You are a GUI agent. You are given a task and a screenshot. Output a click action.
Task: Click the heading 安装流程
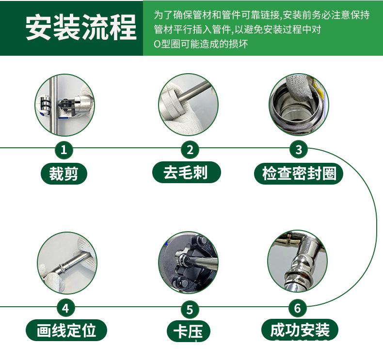tap(81, 28)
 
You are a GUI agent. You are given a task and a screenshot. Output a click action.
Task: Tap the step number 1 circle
tap(64, 150)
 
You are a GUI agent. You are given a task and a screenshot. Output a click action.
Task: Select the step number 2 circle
tap(190, 150)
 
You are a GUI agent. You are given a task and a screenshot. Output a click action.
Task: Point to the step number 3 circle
tap(299, 150)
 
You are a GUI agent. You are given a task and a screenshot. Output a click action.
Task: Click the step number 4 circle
tap(66, 308)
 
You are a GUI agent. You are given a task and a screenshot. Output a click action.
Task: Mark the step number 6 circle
tap(298, 308)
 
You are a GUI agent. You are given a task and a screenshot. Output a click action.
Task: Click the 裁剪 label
tap(64, 173)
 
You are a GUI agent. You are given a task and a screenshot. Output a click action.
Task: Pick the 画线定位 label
tap(66, 330)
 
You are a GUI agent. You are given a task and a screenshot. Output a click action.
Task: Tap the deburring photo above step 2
tap(188, 104)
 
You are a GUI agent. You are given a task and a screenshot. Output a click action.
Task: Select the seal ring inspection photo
tap(298, 104)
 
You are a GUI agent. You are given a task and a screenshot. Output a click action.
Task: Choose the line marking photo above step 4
tap(67, 263)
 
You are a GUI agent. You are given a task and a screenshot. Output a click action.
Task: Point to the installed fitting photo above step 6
tap(297, 262)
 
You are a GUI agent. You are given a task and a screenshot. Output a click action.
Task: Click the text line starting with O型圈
tap(201, 44)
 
